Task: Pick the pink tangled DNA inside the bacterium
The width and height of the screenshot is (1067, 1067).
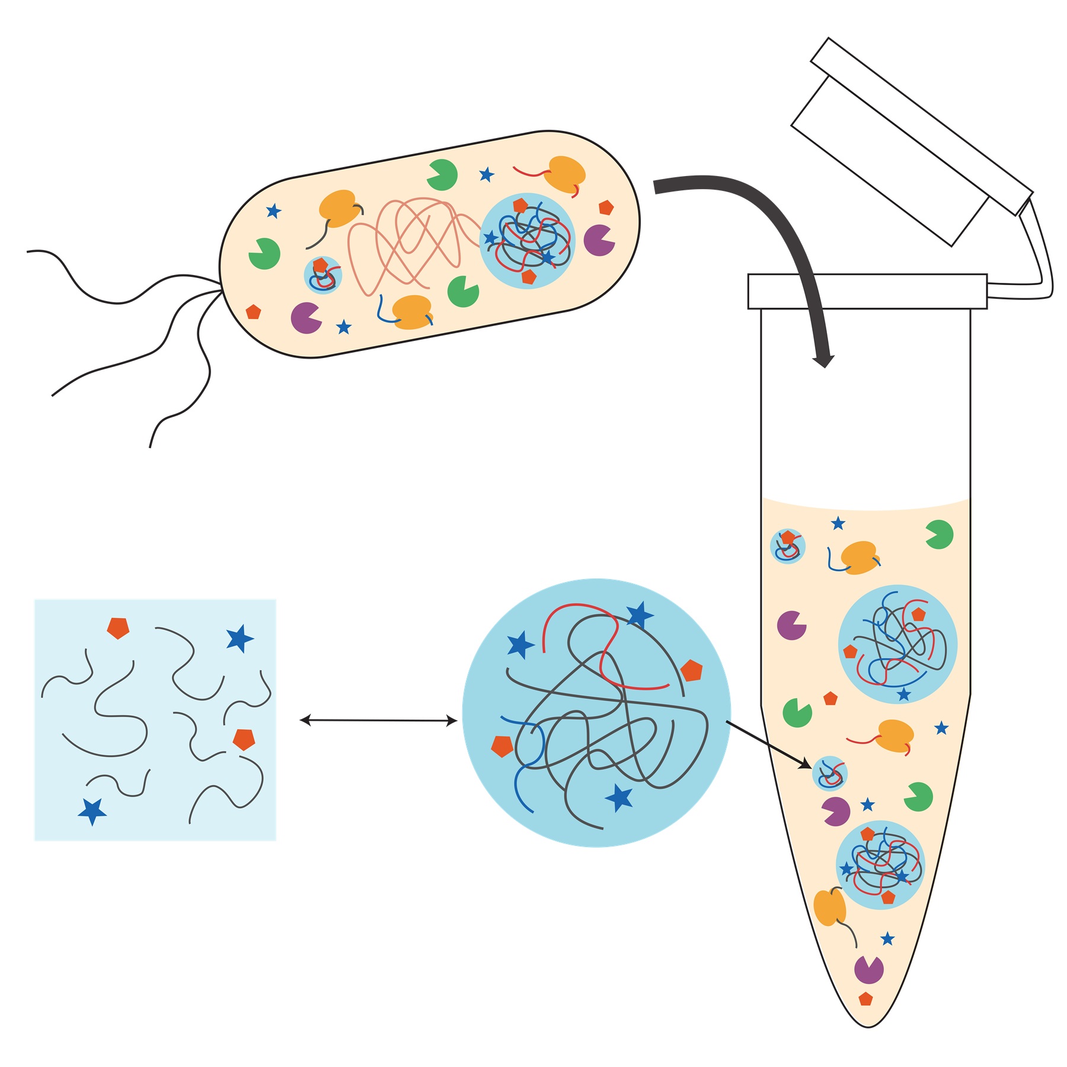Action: point(409,243)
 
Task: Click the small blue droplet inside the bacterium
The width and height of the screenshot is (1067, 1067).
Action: point(323,275)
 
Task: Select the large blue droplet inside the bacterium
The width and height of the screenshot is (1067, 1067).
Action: point(527,241)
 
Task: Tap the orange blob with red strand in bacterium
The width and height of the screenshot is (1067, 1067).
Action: point(564,173)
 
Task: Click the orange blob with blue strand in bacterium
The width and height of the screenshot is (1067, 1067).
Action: point(411,311)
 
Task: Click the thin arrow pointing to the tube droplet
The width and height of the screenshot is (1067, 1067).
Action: point(768,745)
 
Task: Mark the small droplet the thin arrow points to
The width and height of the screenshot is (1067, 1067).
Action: point(829,774)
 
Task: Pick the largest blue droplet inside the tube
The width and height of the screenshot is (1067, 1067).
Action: point(897,644)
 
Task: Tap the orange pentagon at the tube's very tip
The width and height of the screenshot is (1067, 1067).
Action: point(865,999)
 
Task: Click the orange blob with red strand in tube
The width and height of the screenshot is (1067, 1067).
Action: point(895,735)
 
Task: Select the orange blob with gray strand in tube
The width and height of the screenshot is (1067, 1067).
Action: point(828,907)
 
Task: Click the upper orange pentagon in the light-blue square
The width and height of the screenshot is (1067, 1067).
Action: point(118,628)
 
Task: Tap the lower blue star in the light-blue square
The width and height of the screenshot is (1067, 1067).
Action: point(92,810)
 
